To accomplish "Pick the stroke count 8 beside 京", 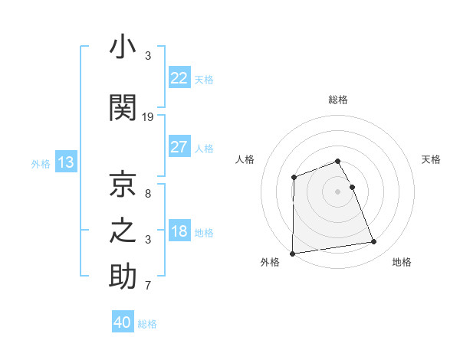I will [x=148, y=193].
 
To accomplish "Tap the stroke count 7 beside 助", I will [x=148, y=286].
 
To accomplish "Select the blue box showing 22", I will [x=179, y=78].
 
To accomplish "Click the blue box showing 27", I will [x=179, y=147].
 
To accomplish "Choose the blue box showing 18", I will [x=179, y=231].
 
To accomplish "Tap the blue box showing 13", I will [x=65, y=162].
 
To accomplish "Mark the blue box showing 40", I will [x=123, y=322].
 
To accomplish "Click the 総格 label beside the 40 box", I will [x=147, y=324].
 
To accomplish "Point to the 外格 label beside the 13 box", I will [x=41, y=163].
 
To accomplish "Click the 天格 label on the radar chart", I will [x=431, y=159].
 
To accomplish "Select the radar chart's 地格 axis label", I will [x=402, y=262].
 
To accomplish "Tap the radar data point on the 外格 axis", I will [x=292, y=253].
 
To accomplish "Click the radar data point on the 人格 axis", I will [x=294, y=178].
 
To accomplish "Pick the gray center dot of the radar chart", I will [x=337, y=191].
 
